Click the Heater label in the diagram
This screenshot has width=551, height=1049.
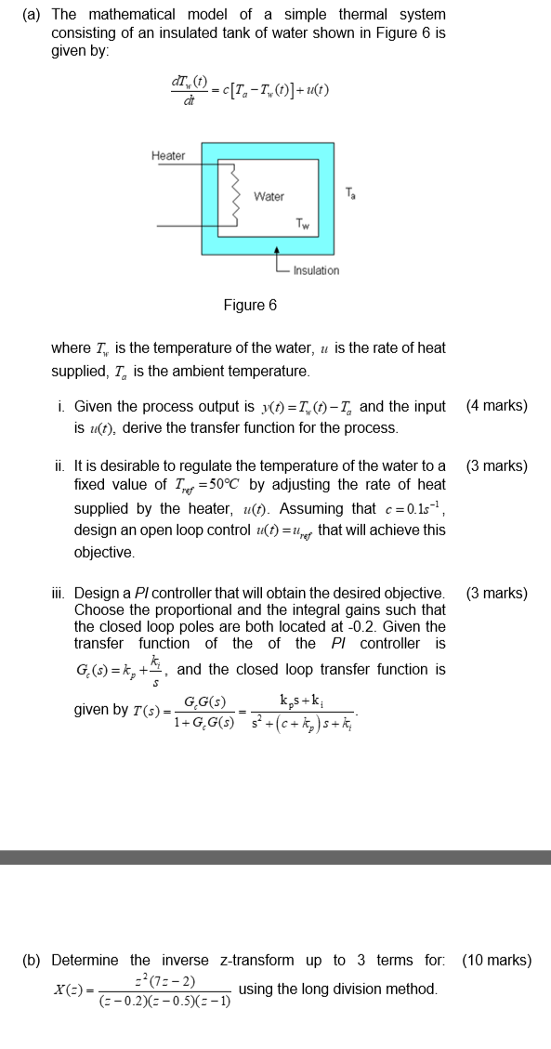(x=168, y=155)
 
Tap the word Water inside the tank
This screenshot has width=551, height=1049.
(x=269, y=197)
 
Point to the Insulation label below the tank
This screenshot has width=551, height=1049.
(x=316, y=270)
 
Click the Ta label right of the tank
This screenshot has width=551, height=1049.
(x=349, y=194)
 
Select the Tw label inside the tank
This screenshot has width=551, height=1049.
(x=303, y=223)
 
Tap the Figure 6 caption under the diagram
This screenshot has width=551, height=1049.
(x=249, y=305)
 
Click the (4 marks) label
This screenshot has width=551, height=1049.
(x=496, y=406)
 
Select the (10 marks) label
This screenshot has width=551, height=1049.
(x=497, y=960)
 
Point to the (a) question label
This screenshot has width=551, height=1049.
(x=29, y=15)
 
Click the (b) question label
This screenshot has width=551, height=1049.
(x=31, y=960)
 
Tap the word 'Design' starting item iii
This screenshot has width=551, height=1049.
(x=97, y=593)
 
